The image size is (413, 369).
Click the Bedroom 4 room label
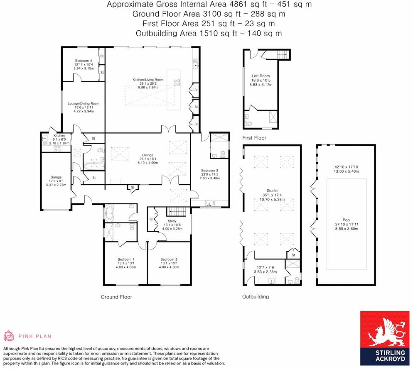(83, 61)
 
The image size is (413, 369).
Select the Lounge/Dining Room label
(84, 103)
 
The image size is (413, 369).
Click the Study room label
(172, 221)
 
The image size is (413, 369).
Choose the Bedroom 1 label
(126, 259)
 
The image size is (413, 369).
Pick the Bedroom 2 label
(169, 259)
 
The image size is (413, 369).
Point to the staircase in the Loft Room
(283, 54)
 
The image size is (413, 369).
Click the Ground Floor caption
(116, 297)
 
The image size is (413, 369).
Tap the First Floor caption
(254, 138)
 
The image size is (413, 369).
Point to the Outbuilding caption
(256, 297)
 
